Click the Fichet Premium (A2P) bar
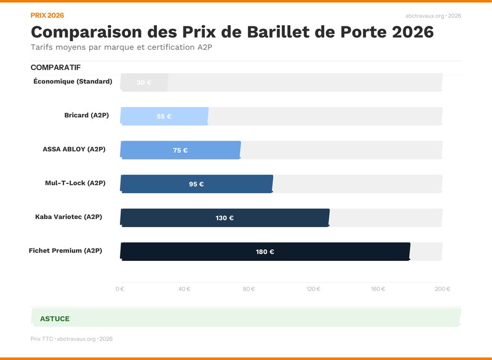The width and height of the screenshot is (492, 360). [x=265, y=251]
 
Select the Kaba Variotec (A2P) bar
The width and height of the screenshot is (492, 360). [x=224, y=217]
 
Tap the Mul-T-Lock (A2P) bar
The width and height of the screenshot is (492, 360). [x=196, y=183]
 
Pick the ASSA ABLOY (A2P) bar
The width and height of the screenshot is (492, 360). [x=180, y=150]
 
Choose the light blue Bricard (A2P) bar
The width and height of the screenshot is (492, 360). [x=164, y=116]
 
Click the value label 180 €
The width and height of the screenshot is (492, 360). [x=265, y=252]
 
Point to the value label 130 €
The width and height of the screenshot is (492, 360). [x=224, y=218]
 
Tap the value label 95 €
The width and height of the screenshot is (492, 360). [x=196, y=184]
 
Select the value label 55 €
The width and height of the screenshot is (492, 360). [x=164, y=116]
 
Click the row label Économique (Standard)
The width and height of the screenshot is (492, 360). [x=73, y=81]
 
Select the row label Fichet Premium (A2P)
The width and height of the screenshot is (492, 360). [x=65, y=250]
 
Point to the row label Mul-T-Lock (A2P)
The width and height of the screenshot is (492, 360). [x=75, y=183]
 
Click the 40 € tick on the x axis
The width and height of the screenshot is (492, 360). [x=184, y=289]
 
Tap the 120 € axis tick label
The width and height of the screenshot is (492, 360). [x=314, y=289]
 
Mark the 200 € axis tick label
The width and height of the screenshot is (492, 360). [x=442, y=289]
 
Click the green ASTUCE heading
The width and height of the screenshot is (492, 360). [x=55, y=319]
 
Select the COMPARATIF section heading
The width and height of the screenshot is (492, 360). [x=55, y=67]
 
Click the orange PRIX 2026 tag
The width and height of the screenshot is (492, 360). [x=47, y=15]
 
